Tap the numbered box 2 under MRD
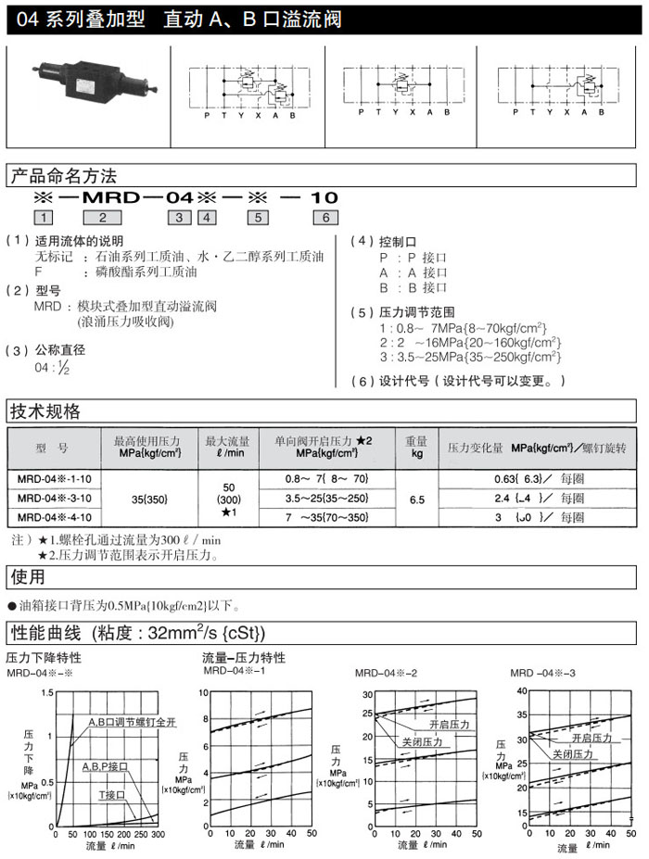103,219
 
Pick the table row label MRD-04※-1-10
53,479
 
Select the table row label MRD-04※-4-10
53,517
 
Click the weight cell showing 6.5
417,499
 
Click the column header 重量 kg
417,448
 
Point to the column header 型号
53,448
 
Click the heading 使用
27,576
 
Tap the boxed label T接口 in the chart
115,795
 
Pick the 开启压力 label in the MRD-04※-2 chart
449,724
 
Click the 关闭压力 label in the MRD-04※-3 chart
575,754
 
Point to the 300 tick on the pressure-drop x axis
158,834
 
